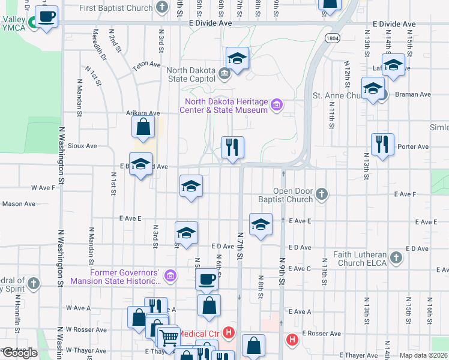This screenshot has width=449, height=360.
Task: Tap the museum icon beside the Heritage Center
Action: tap(277, 106)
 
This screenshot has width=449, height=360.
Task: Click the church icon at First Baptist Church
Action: tap(161, 8)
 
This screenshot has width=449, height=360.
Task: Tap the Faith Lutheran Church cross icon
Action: tap(395, 257)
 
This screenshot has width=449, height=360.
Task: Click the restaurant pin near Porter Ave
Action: tap(382, 144)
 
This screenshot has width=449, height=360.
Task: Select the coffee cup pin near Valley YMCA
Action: tap(46, 16)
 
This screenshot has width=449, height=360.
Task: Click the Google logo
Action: tap(19, 353)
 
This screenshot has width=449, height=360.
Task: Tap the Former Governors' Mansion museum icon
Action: tap(170, 276)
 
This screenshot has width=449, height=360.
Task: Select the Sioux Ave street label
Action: tap(83, 146)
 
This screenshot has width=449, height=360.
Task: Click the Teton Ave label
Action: tap(146, 64)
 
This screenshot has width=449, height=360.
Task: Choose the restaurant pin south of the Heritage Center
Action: tap(232, 147)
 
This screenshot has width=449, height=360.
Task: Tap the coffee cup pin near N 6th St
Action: tap(207, 279)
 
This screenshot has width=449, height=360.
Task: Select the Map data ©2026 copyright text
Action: tap(423, 355)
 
